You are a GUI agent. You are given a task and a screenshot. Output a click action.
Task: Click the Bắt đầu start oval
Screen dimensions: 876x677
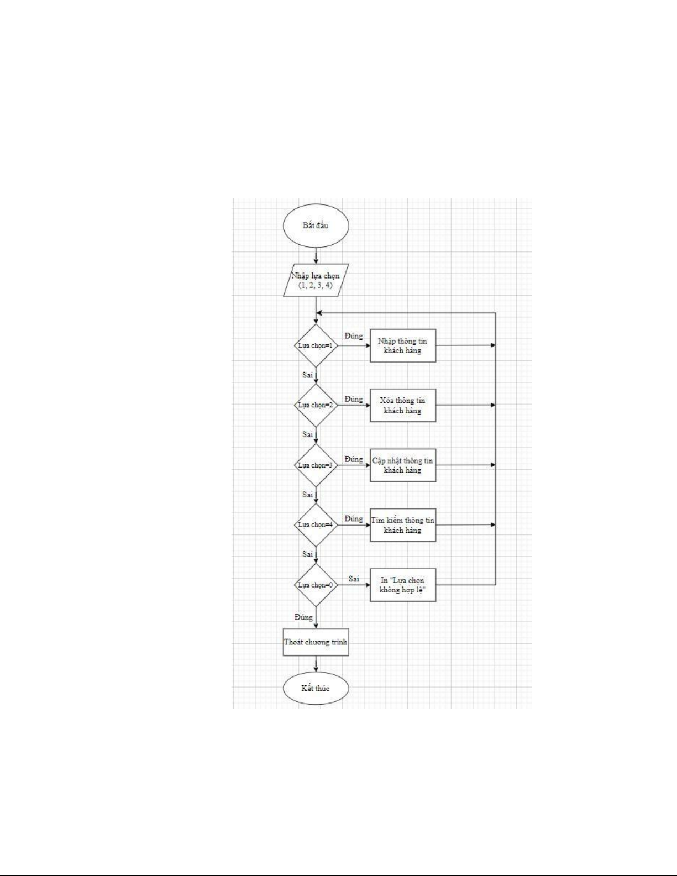pyautogui.click(x=316, y=226)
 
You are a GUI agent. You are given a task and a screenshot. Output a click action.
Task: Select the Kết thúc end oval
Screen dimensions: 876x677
pyautogui.click(x=316, y=689)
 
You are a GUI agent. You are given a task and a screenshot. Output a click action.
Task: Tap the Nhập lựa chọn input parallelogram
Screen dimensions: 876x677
pyautogui.click(x=316, y=280)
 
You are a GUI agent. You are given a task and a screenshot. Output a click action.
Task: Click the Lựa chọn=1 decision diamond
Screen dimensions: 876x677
pyautogui.click(x=316, y=345)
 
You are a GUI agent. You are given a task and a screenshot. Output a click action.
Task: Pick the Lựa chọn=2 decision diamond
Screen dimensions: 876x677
pyautogui.click(x=316, y=405)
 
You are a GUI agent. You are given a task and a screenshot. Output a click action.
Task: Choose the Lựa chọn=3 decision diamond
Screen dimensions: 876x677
pyautogui.click(x=316, y=465)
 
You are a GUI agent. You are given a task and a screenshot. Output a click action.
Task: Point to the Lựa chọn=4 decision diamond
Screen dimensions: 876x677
pyautogui.click(x=316, y=524)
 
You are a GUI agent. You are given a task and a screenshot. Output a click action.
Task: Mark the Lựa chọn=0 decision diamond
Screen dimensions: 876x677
pyautogui.click(x=316, y=585)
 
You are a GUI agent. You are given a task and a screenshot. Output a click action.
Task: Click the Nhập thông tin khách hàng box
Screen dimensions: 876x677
pyautogui.click(x=402, y=345)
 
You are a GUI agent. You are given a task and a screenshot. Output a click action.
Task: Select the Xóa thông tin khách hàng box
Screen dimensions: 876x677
pyautogui.click(x=402, y=405)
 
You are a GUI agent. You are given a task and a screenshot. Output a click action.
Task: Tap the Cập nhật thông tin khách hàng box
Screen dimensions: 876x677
pyautogui.click(x=402, y=465)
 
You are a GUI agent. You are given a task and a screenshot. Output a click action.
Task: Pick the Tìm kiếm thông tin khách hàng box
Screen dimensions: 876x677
pyautogui.click(x=402, y=524)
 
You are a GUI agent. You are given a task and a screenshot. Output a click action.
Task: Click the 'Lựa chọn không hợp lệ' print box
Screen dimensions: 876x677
pyautogui.click(x=402, y=585)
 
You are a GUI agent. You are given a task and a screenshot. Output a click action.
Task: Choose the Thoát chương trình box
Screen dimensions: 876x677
pyautogui.click(x=316, y=642)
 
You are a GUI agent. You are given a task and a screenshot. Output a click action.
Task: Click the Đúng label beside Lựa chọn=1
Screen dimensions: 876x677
pyautogui.click(x=354, y=336)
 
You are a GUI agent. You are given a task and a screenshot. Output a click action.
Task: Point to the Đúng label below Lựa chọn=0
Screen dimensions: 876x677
pyautogui.click(x=303, y=617)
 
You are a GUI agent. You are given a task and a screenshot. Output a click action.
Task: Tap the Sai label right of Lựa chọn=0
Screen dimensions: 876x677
pyautogui.click(x=354, y=579)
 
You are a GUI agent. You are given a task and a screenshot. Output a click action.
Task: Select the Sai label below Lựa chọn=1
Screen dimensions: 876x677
pyautogui.click(x=308, y=375)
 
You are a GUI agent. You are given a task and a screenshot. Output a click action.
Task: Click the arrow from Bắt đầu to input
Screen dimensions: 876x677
pyautogui.click(x=316, y=254)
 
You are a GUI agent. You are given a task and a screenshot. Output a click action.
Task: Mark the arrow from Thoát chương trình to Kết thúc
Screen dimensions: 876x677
pyautogui.click(x=316, y=664)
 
